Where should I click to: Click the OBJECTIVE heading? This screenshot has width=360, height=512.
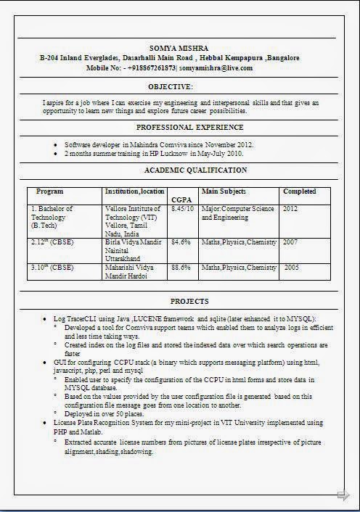coord(180,86)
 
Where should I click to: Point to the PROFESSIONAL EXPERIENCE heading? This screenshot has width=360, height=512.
coord(180,127)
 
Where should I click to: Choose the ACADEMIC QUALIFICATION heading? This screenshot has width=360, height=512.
coord(195,170)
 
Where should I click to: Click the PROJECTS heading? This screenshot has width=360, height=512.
coord(189,301)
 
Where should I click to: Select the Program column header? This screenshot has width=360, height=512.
coord(50,191)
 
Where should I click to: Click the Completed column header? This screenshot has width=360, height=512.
coord(299,191)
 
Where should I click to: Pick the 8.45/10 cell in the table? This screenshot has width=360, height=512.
coord(182,209)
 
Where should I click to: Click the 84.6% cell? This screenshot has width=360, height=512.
coord(181,241)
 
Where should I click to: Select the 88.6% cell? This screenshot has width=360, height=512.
coord(181,268)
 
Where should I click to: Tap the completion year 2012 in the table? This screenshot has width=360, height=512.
coord(290,209)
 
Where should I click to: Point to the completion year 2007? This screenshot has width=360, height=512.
coord(290,241)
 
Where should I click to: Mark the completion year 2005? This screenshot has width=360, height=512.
coord(290,268)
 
